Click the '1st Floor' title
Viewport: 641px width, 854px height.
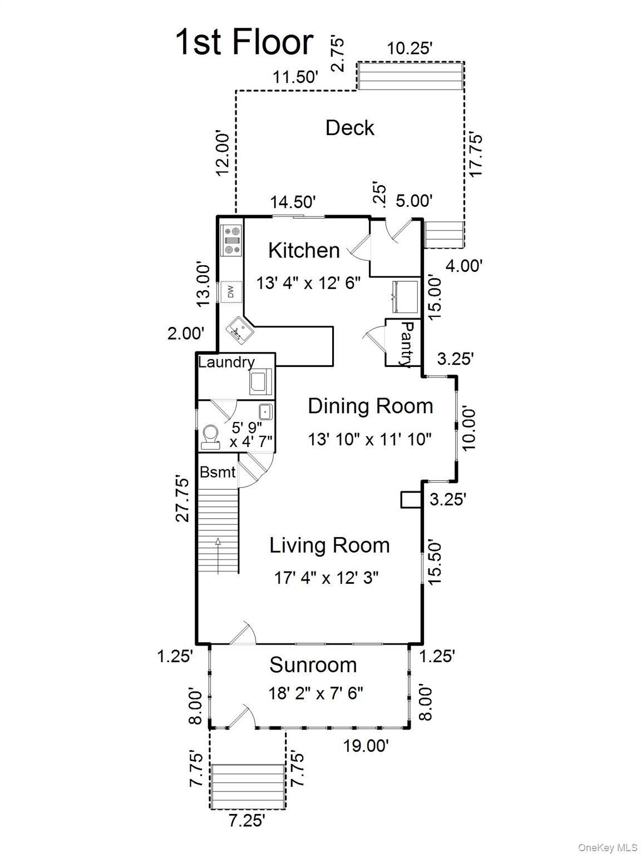point(244,42)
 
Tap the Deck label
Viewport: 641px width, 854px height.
point(350,128)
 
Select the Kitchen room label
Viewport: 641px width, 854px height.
point(304,250)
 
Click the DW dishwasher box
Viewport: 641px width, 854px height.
point(231,292)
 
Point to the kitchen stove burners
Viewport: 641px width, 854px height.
point(231,240)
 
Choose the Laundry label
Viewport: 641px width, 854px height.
point(226,362)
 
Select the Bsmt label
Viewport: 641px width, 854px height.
point(218,473)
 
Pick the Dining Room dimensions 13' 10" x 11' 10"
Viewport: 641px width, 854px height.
point(369,439)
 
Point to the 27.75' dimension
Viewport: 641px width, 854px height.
point(183,499)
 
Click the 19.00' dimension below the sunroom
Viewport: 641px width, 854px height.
point(366,746)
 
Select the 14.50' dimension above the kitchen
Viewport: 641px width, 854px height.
point(293,202)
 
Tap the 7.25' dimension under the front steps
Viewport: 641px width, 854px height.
point(246,821)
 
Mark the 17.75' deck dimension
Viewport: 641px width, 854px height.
point(476,156)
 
